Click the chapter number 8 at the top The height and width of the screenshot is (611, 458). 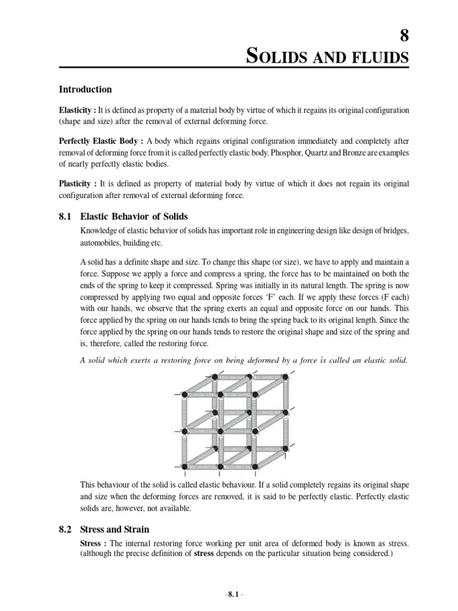404,36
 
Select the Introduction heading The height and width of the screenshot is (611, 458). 85,90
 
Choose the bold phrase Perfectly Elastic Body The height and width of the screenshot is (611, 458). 100,141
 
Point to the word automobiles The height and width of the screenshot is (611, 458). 102,243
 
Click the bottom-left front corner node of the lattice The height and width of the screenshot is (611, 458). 184,466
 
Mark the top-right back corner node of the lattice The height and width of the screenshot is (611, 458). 286,377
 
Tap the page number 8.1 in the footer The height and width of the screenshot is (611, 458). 230,595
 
